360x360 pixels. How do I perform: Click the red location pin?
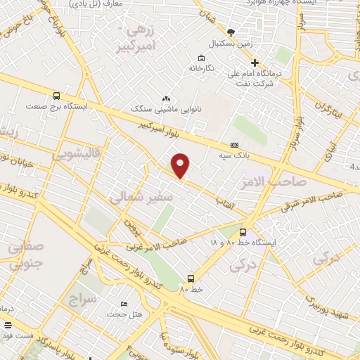pyautogui.click(x=181, y=165)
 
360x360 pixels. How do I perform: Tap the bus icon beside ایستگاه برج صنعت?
pyautogui.click(x=56, y=96)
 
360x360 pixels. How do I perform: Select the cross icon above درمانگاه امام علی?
pyautogui.click(x=255, y=63)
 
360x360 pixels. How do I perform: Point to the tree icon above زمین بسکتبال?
pyautogui.click(x=231, y=32)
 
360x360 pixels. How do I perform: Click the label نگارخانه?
pyautogui.click(x=200, y=68)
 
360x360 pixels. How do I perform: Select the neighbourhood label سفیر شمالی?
pyautogui.click(x=141, y=198)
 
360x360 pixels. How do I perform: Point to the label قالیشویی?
pyautogui.click(x=78, y=151)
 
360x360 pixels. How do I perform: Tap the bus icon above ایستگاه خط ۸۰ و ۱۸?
pyautogui.click(x=243, y=232)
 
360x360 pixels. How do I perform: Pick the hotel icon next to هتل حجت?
pyautogui.click(x=124, y=304)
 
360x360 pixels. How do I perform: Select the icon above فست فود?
pyautogui.click(x=8, y=325)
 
